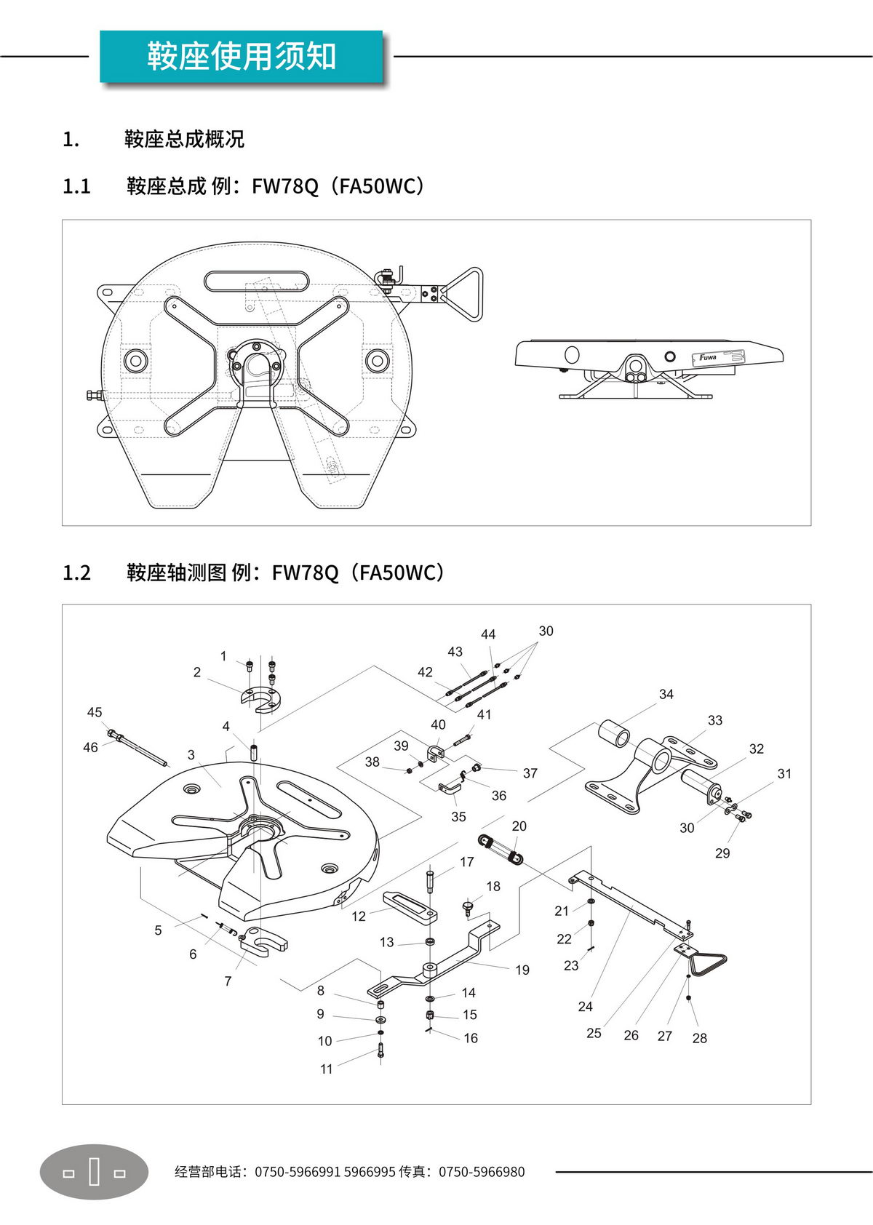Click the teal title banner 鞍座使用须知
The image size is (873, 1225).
(x=241, y=57)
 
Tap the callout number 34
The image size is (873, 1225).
(x=666, y=695)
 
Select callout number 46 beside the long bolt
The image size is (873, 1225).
(x=90, y=747)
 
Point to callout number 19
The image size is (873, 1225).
(x=522, y=970)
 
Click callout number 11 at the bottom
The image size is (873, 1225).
(x=327, y=1069)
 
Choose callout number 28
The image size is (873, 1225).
(x=700, y=1038)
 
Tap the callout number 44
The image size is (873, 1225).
(x=488, y=634)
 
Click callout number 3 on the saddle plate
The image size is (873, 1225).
(x=191, y=755)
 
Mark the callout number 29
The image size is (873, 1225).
(x=722, y=853)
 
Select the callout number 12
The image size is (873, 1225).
(x=359, y=917)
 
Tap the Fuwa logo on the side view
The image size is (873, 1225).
(x=707, y=357)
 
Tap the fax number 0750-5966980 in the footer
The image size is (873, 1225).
(x=481, y=1172)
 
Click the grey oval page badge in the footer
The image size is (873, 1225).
(x=94, y=1172)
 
